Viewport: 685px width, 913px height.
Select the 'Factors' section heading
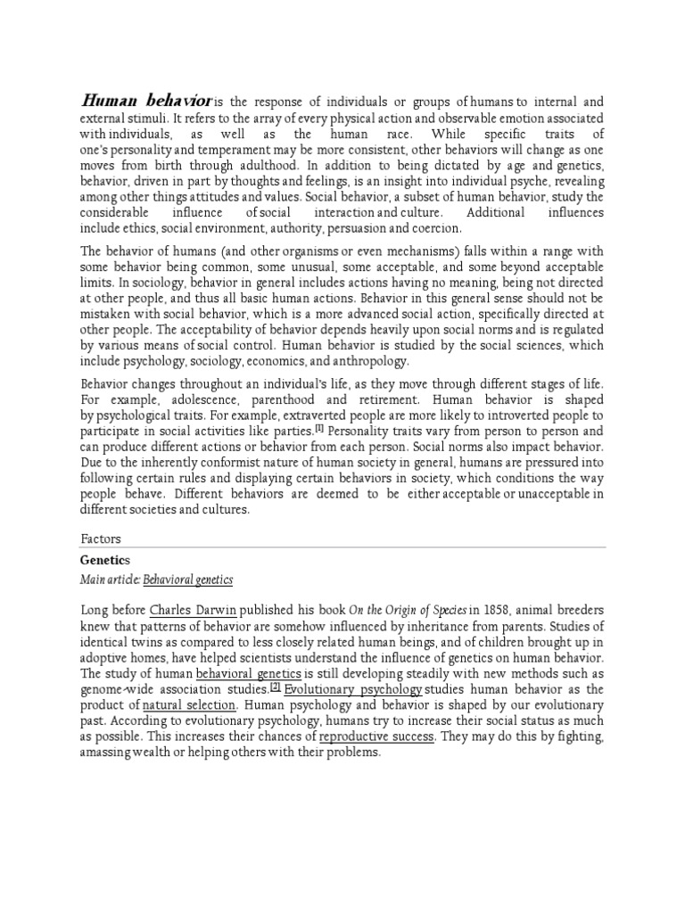tap(101, 539)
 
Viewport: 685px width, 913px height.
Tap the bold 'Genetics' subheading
tap(105, 560)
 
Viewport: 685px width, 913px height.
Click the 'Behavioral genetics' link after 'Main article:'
tap(189, 580)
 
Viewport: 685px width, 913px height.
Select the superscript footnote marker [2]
tap(276, 687)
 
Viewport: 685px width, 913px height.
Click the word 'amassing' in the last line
tap(107, 753)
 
